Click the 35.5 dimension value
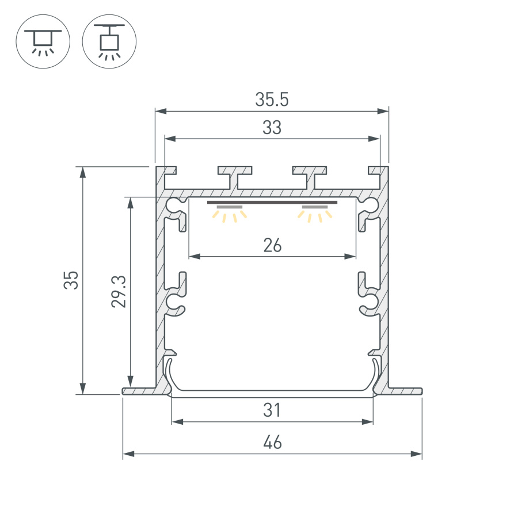[272, 100]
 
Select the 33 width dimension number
[272, 128]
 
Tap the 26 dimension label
[272, 246]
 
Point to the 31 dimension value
[272, 410]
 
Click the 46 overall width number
[272, 443]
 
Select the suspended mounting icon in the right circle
[109, 42]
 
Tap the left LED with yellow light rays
[230, 212]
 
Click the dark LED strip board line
[272, 203]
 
